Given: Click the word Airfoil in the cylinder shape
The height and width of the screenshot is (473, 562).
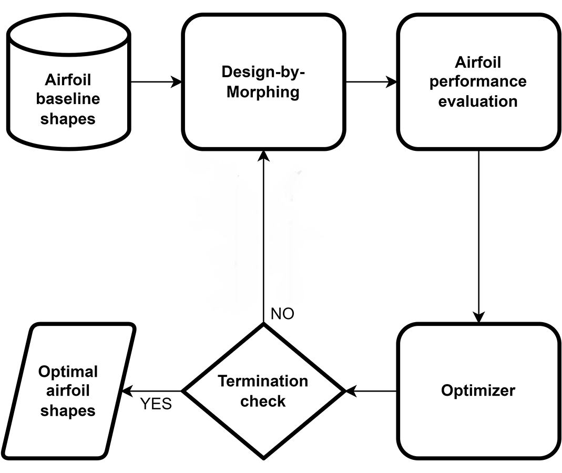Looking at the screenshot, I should pyautogui.click(x=68, y=80).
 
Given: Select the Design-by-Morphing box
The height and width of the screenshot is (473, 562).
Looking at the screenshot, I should pyautogui.click(x=263, y=82).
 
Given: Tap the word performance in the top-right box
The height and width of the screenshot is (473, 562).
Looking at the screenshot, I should pyautogui.click(x=478, y=81).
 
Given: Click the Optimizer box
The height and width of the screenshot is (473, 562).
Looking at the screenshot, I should pyautogui.click(x=478, y=390).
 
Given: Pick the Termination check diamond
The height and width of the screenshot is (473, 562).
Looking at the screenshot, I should pyautogui.click(x=263, y=390).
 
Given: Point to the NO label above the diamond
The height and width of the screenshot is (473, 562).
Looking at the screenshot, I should pyautogui.click(x=282, y=314).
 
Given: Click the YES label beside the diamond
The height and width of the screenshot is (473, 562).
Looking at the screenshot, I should pyautogui.click(x=156, y=405).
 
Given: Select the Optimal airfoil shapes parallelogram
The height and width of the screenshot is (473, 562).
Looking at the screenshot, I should pyautogui.click(x=68, y=390).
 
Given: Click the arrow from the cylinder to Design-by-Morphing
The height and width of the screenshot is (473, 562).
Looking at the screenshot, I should pyautogui.click(x=155, y=82).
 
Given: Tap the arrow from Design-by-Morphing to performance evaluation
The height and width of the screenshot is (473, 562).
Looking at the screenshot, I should pyautogui.click(x=371, y=82).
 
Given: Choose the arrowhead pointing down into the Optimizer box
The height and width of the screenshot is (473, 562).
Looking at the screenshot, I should pyautogui.click(x=478, y=317).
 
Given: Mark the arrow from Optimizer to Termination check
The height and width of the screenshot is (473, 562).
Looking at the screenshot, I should pyautogui.click(x=371, y=391).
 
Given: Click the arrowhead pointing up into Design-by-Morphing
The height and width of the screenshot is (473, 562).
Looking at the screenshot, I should pyautogui.click(x=263, y=156).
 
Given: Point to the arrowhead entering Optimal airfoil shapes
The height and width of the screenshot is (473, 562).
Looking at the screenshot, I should pyautogui.click(x=127, y=391).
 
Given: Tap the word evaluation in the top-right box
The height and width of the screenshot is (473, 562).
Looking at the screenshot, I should pyautogui.click(x=478, y=100).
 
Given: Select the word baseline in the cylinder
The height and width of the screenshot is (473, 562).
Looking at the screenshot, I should pyautogui.click(x=68, y=99).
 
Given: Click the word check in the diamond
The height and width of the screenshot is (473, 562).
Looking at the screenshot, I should pyautogui.click(x=263, y=401).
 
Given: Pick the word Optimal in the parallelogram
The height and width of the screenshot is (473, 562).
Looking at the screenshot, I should pyautogui.click(x=68, y=372).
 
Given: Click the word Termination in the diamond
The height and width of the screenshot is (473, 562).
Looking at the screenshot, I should pyautogui.click(x=263, y=381).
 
